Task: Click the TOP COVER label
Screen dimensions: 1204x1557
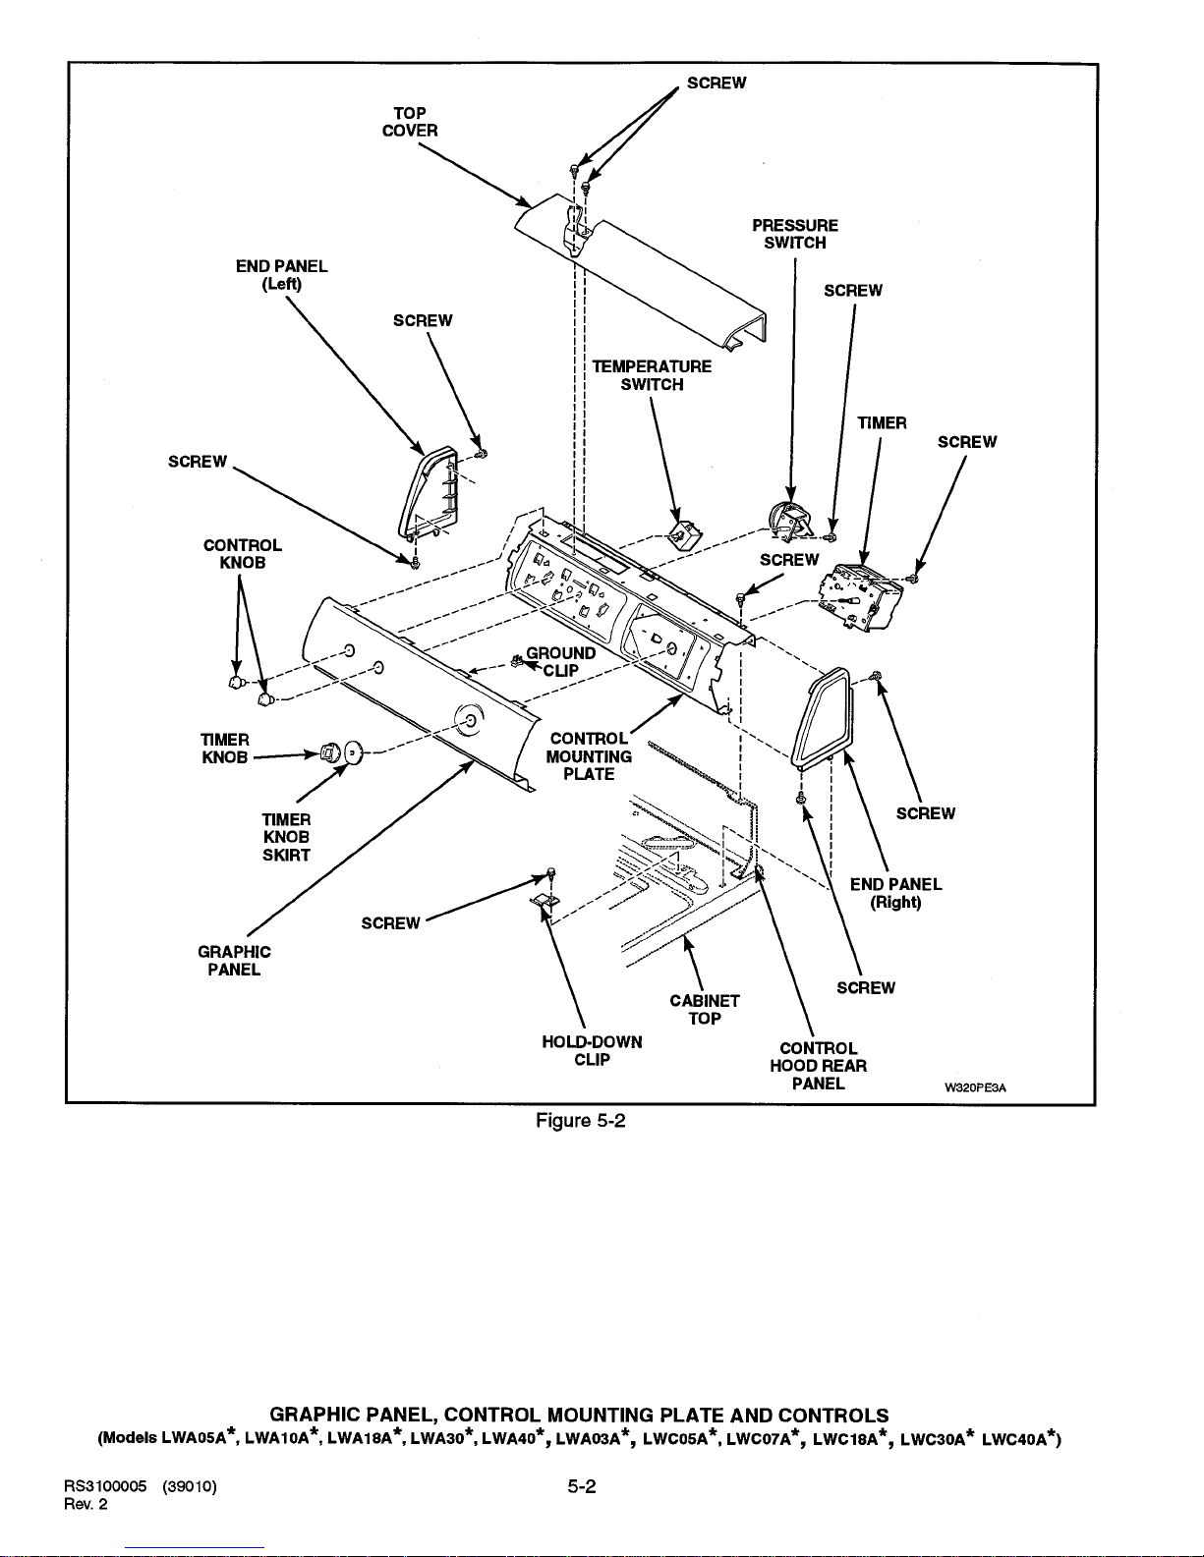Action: (x=409, y=122)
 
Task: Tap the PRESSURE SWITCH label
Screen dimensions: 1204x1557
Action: (x=795, y=235)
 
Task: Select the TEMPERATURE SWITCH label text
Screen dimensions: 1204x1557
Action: (x=652, y=375)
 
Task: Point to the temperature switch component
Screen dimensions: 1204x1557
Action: (x=685, y=533)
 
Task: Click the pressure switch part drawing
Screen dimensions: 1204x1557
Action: (x=789, y=521)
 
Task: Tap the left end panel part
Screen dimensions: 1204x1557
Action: (x=428, y=493)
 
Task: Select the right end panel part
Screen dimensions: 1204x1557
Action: (x=822, y=717)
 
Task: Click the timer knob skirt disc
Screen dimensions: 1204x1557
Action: (x=354, y=753)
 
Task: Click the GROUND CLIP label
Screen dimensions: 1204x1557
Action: (x=560, y=662)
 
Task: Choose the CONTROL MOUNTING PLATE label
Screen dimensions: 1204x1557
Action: (x=589, y=756)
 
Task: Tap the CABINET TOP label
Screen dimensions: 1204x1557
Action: (x=705, y=1010)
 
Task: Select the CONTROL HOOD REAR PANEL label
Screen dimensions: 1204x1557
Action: (x=818, y=1066)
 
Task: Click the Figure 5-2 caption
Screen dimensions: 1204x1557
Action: (x=581, y=1121)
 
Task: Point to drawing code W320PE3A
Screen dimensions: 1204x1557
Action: (x=975, y=1087)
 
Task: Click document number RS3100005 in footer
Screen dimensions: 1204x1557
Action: (x=105, y=1487)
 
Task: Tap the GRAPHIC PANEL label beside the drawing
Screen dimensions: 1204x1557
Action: (x=234, y=961)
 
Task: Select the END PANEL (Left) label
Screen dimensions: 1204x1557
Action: (x=282, y=275)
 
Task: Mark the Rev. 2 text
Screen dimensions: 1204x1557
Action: (x=86, y=1505)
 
